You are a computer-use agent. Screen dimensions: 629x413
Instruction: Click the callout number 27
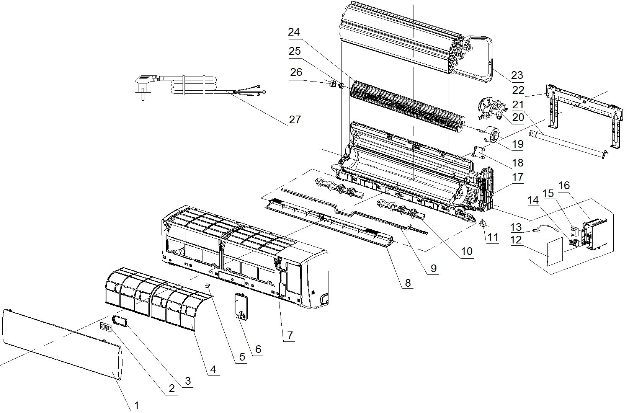coord(295,120)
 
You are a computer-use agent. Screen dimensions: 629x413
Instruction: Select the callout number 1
coord(137,405)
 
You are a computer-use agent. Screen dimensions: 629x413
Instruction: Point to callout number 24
coord(294,32)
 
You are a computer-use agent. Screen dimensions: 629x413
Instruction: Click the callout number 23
coord(517,75)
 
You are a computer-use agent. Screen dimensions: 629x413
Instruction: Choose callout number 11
coord(493,238)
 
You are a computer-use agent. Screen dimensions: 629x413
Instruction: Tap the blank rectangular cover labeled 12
coord(555,251)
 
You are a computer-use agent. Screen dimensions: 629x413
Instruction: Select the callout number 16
coord(564,186)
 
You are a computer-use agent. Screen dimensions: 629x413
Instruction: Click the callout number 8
coord(408,283)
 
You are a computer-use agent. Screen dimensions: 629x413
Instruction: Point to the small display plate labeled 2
coord(106,327)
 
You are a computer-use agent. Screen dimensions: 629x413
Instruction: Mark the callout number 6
coord(258,349)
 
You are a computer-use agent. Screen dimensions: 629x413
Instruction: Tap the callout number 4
coord(213,369)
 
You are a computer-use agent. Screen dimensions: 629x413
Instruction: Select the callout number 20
coord(518,118)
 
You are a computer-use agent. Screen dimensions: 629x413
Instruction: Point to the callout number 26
coord(296,72)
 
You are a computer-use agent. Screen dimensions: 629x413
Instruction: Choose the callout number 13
coord(516,227)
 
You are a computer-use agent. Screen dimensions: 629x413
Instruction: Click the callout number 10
coord(467,251)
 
